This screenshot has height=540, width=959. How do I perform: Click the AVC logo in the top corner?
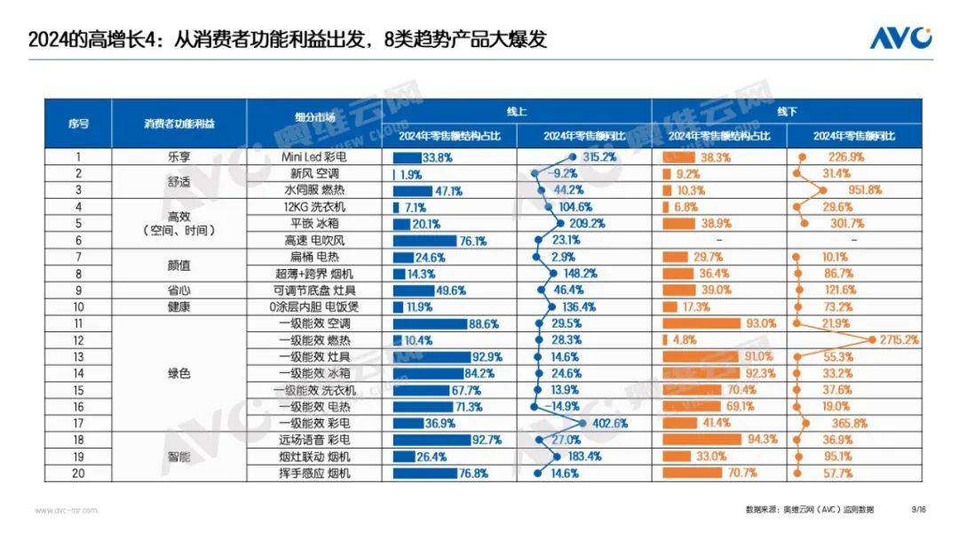900,38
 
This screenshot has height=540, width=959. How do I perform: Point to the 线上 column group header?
517,112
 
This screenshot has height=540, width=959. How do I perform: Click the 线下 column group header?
787,112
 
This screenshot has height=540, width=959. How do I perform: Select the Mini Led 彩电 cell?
314,157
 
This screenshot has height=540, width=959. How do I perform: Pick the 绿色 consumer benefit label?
178,374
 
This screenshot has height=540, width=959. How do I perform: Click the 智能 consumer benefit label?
178,457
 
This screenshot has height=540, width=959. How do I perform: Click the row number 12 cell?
78,340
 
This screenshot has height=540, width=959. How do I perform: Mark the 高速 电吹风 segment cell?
314,240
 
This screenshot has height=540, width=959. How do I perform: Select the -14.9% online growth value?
559,407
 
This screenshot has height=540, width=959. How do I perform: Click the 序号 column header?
78,123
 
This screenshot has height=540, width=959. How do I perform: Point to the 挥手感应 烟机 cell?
314,473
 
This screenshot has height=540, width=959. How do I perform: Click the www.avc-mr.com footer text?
67,510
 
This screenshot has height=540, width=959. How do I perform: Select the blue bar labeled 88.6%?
430,323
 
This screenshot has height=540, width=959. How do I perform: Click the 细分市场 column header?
314,117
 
